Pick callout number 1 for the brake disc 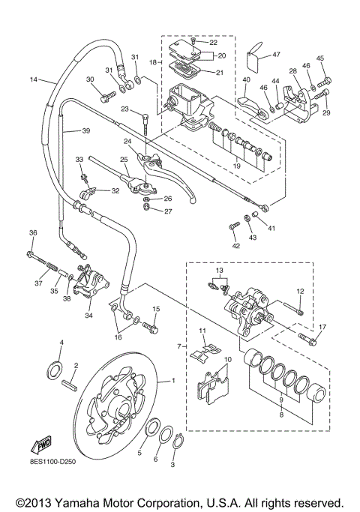(175, 380)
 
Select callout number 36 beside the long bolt (33, 232)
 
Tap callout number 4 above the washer (62, 343)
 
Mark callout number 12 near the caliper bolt (299, 291)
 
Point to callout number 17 (322, 327)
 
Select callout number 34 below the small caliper (89, 316)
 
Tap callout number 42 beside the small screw (235, 246)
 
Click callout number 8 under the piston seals (281, 413)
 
